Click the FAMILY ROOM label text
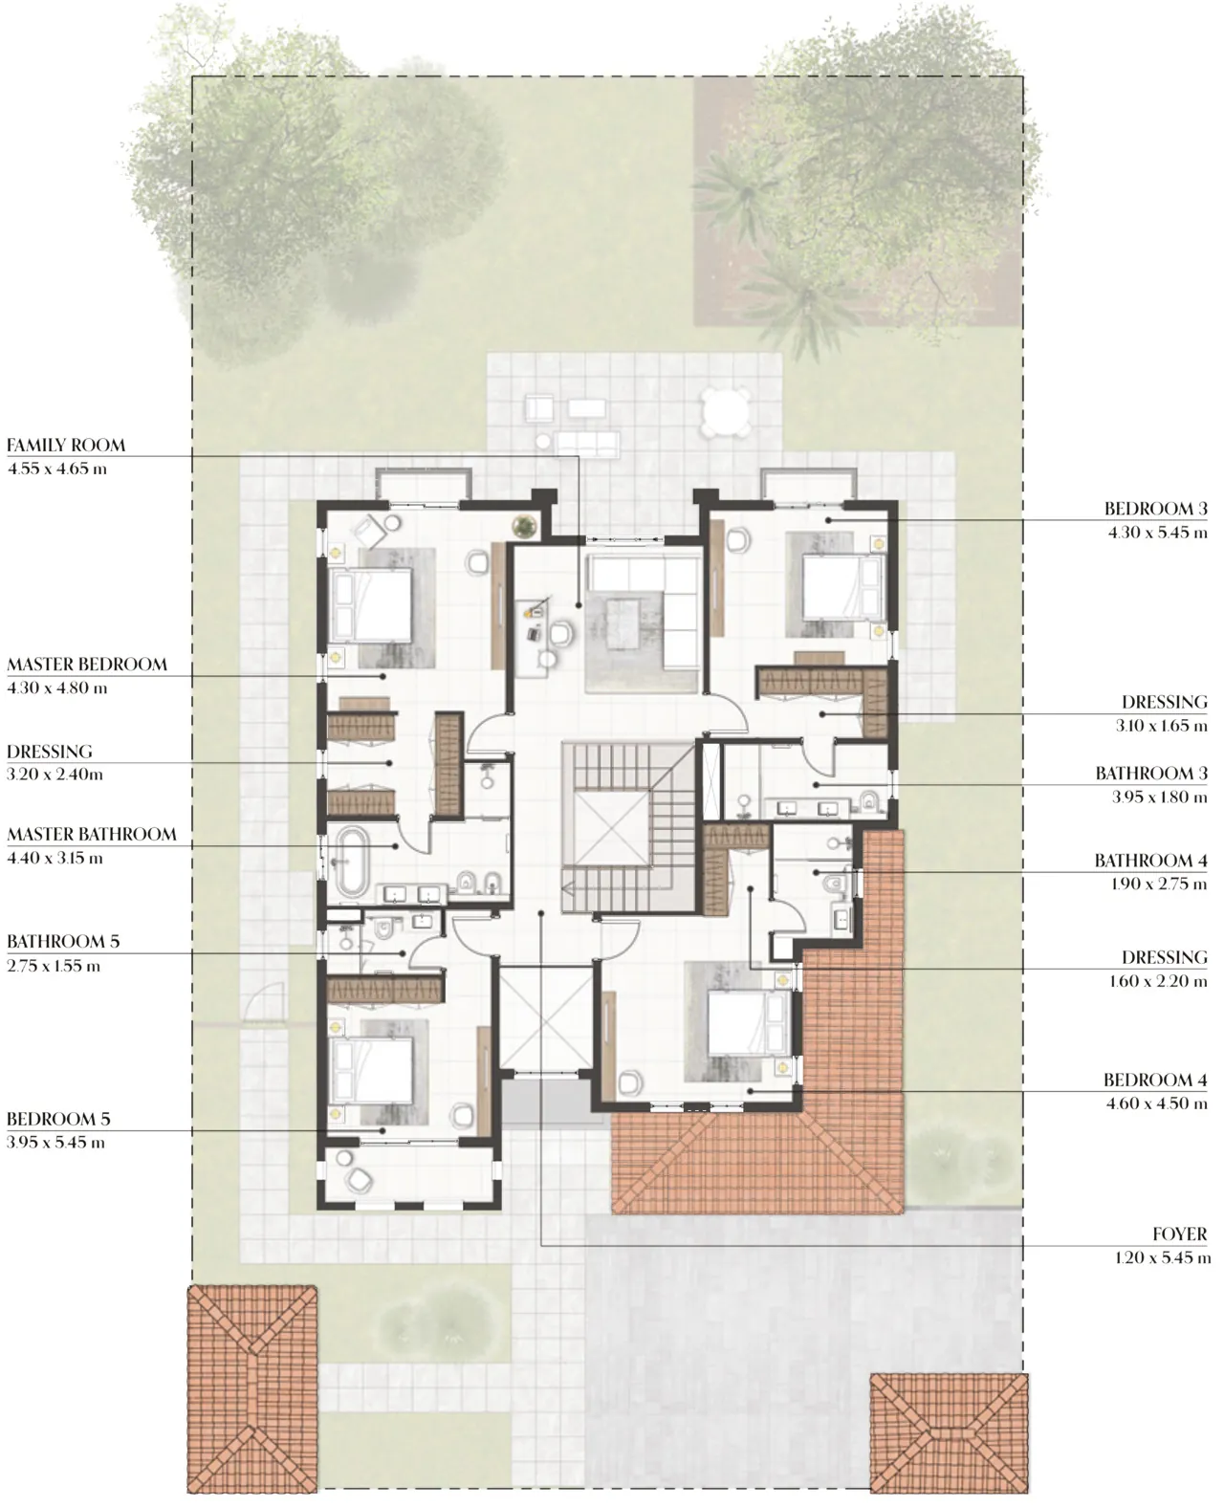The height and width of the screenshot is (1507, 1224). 66,446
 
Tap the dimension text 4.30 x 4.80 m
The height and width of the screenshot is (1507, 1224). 57,688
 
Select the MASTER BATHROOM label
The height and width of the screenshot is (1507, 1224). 92,835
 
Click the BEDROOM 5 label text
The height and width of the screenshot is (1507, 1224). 58,1119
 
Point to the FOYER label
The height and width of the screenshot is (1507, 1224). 1179,1234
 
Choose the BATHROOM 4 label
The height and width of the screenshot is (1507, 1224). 1150,861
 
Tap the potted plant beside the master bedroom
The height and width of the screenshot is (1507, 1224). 523,524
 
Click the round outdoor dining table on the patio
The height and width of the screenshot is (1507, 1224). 723,411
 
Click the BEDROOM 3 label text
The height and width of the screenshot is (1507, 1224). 1155,510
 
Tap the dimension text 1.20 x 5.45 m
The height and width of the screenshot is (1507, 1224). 1162,1258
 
